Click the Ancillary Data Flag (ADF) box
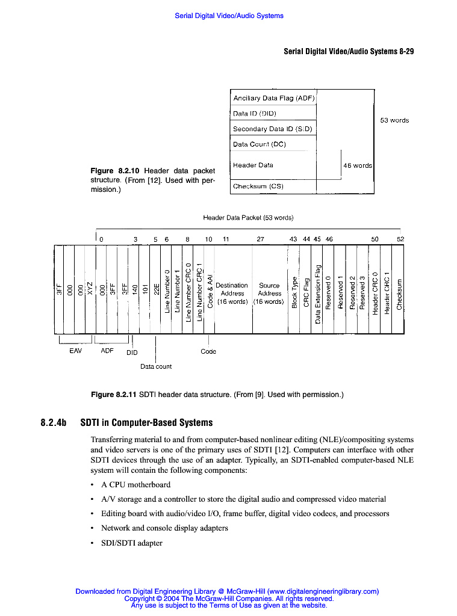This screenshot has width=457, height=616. tap(273, 97)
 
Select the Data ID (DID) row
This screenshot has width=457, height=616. tap(273, 113)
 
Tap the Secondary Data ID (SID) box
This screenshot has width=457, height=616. tap(273, 129)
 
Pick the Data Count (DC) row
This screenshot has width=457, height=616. tap(273, 144)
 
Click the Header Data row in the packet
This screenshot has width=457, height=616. tap(273, 165)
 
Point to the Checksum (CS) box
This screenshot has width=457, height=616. tap(273, 186)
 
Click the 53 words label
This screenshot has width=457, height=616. tap(394, 120)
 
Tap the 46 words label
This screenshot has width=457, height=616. tap(358, 165)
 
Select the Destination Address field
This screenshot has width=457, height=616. tap(232, 294)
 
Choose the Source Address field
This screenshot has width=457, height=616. tap(269, 294)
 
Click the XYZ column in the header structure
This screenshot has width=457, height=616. tap(90, 289)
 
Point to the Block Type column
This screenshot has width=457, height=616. tap(294, 292)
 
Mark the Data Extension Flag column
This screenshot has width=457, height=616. tap(317, 292)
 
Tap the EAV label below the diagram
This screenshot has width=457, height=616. tap(76, 350)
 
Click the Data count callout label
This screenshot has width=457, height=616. tap(156, 366)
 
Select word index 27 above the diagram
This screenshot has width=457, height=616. tap(260, 239)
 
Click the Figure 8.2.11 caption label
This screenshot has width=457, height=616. tap(114, 395)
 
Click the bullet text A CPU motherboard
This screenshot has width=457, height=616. tap(135, 485)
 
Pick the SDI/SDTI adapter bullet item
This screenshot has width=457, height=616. tap(132, 543)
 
